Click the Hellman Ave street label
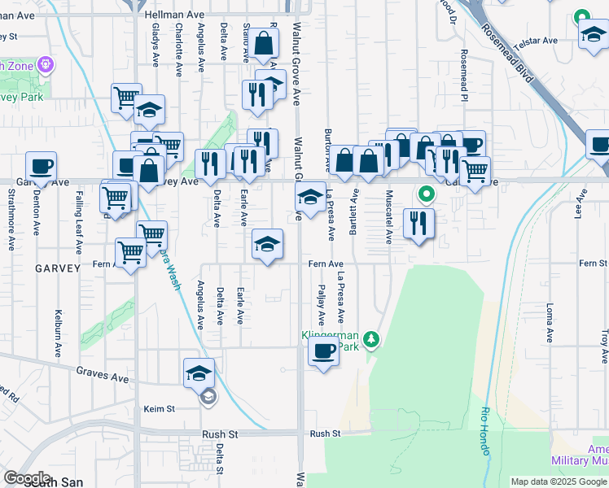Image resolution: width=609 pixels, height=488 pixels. click(x=173, y=15)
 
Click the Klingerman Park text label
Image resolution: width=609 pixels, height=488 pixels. click(x=330, y=340)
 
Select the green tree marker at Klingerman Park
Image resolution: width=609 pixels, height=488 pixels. click(x=371, y=338)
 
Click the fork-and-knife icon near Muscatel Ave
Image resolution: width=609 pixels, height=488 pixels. click(x=418, y=223)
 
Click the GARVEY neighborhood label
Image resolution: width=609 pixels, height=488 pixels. click(x=56, y=268)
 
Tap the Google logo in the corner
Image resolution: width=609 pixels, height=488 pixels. click(x=27, y=477)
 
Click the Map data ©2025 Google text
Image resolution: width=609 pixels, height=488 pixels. click(x=559, y=481)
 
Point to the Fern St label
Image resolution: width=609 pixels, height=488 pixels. click(x=593, y=264)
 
